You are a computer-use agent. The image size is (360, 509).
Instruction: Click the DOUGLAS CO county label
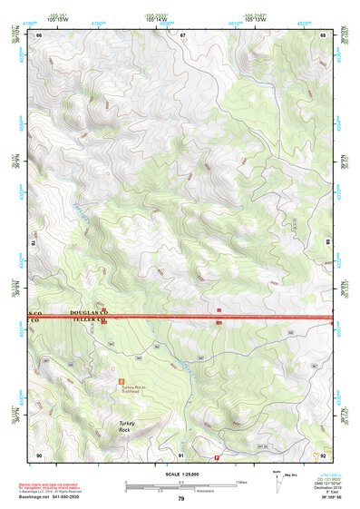pos(88,311)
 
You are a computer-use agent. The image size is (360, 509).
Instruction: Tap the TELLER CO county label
pos(88,321)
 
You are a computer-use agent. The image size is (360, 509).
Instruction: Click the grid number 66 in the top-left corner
pos(39,35)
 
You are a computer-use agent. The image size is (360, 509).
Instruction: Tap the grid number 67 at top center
pos(182,35)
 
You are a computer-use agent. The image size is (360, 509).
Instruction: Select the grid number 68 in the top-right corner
pos(324,35)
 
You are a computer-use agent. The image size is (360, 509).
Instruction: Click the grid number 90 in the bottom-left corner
pos(39,455)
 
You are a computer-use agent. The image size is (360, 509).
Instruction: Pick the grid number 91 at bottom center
pos(181,455)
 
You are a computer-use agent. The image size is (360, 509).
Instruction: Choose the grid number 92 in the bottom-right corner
pos(324,455)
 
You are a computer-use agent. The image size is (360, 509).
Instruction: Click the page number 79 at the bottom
pos(181,499)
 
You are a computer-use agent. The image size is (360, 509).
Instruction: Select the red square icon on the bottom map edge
pos(217,457)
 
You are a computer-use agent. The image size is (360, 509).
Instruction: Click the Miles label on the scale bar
pos(240,482)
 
